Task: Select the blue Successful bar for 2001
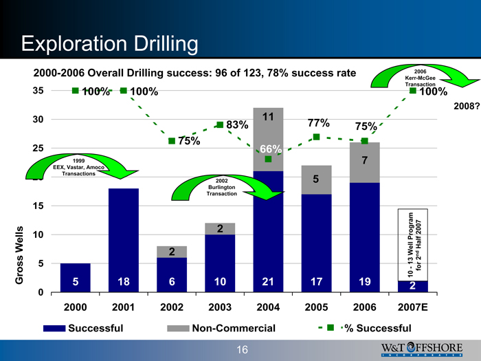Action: click(x=123, y=240)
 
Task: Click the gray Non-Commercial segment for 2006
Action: click(x=364, y=162)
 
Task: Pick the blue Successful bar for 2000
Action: click(x=75, y=278)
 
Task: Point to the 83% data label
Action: click(x=236, y=125)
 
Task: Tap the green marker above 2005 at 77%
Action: click(x=316, y=137)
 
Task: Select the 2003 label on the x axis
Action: click(x=219, y=306)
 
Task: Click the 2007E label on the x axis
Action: click(x=412, y=306)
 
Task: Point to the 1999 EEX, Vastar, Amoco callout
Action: click(x=79, y=167)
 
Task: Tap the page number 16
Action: click(x=242, y=350)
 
